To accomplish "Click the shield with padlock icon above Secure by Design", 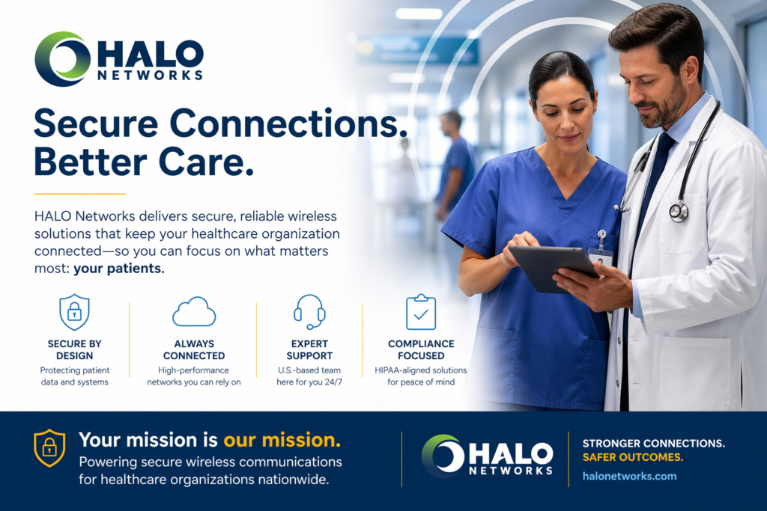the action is tap(74, 312).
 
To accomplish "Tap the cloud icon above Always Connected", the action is tap(194, 312).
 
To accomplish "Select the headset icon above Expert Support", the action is tap(309, 312).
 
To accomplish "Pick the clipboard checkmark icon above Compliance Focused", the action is tap(421, 312).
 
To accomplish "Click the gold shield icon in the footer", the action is tap(49, 448).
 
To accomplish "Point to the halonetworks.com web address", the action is tap(629, 477).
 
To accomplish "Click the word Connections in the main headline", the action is tap(288, 123).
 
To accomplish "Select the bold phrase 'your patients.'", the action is tap(119, 269).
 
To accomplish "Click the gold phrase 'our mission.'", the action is tap(282, 440).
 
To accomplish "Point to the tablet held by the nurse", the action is tap(554, 268).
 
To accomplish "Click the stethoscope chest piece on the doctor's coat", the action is tap(679, 212).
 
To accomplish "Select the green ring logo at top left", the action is tap(63, 59).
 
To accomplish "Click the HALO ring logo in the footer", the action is tap(443, 456).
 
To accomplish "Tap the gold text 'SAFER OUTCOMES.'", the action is tap(632, 457).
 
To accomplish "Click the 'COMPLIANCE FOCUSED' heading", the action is tap(421, 350).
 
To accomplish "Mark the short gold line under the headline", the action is tap(79, 194).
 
